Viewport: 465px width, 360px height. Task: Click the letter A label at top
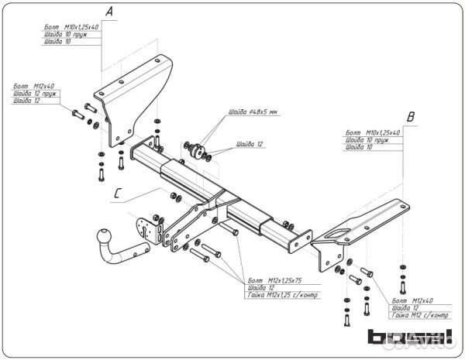109,12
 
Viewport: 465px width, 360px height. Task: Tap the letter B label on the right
412,117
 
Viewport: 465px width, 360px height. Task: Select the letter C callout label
117,194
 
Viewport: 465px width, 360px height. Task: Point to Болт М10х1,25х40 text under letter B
373,133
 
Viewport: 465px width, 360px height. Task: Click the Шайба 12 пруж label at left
35,93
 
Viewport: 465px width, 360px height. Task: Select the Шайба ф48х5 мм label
253,112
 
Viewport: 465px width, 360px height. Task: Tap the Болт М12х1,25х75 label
274,279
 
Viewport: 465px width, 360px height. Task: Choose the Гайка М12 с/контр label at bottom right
421,316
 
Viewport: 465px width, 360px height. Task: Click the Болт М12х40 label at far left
33,85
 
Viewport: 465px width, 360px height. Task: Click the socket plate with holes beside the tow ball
146,229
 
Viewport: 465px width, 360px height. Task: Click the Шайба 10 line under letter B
360,147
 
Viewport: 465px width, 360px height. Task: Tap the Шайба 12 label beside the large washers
250,145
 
